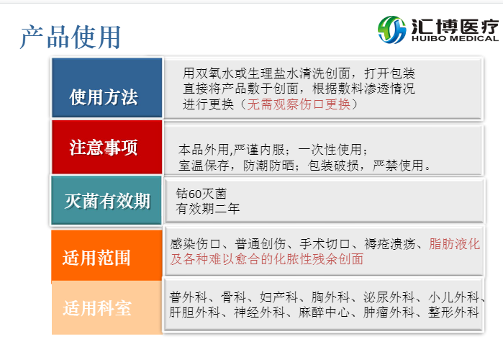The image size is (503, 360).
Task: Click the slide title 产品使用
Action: (70, 36)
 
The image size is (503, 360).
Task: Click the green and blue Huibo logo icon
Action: (391, 30)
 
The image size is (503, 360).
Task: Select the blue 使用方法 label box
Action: (106, 96)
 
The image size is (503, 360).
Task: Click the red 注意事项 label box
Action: (106, 148)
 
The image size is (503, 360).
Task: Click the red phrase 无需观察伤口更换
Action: (299, 104)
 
